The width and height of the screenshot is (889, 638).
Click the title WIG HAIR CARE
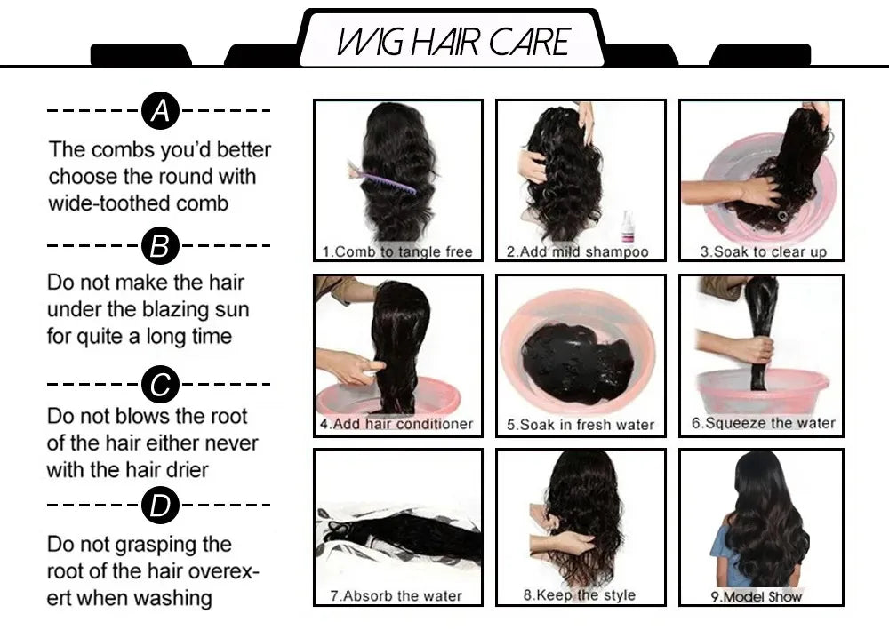453,41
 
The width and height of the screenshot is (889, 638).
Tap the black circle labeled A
160,111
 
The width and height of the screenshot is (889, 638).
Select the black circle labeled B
160,244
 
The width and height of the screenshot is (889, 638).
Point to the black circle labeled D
160,506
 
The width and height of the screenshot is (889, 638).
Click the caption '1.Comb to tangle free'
397,251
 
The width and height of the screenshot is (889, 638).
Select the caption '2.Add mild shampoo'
578,251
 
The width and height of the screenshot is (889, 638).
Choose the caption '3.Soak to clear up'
763,251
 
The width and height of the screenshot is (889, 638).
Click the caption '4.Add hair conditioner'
396,424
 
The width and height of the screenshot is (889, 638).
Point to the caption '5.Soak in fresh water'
580,425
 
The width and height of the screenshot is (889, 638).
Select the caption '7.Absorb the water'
396,595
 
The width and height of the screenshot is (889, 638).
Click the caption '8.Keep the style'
579,594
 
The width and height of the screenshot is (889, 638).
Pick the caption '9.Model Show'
756,596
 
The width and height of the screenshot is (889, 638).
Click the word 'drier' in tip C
184,469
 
